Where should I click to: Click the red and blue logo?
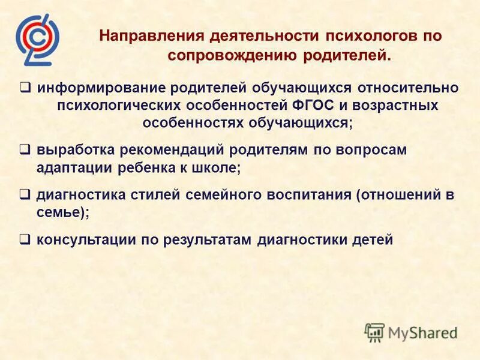(x=37, y=38)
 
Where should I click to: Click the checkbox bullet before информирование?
(x=25, y=87)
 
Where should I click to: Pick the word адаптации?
(x=69, y=169)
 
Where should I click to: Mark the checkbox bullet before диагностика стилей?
(x=25, y=194)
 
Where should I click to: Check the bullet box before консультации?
(x=25, y=239)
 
